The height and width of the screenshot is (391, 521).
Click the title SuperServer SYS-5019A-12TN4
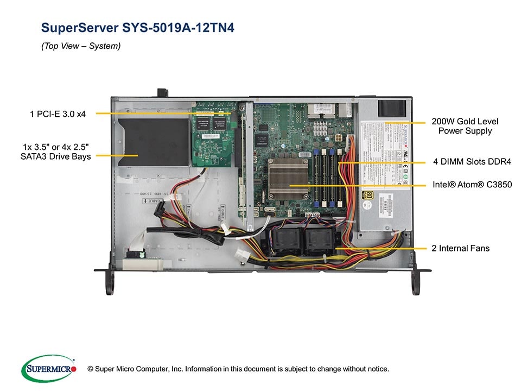click(138, 28)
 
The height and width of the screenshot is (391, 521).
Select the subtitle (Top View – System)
click(81, 46)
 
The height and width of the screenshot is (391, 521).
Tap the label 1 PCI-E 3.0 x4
click(61, 113)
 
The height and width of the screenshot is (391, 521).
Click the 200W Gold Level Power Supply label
click(465, 126)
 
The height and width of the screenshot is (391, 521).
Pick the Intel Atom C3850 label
click(472, 185)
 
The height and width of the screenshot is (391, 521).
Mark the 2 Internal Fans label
click(460, 248)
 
